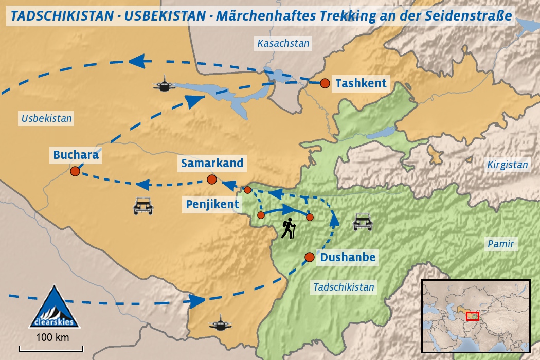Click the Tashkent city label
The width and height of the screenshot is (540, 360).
pos(361,83)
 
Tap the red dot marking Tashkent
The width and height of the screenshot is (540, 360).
pos(325,83)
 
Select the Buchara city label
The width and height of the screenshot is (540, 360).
pos(76,154)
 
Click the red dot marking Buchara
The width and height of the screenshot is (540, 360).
pos(75,171)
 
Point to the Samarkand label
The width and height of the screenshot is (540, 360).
pos(211,164)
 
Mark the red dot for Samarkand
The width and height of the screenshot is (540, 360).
pos(211,179)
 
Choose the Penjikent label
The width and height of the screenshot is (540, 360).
pos(212,204)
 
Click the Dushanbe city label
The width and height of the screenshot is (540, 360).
pos(348,257)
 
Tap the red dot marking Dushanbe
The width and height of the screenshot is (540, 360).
pos(309,257)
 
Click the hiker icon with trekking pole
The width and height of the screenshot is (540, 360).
pos(289,228)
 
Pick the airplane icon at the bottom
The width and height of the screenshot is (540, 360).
pos(220,323)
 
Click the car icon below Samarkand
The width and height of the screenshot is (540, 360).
pos(143,206)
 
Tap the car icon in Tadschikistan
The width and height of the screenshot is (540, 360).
pos(363,222)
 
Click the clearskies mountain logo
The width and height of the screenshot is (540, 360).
pos(54,308)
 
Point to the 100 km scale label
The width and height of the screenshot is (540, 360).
pos(52,338)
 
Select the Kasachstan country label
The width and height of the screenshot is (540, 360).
pos(283,44)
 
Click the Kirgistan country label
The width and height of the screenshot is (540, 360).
pos(508,165)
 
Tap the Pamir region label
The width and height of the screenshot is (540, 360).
pos(501,244)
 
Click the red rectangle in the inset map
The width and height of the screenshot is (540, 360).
pos(472,316)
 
